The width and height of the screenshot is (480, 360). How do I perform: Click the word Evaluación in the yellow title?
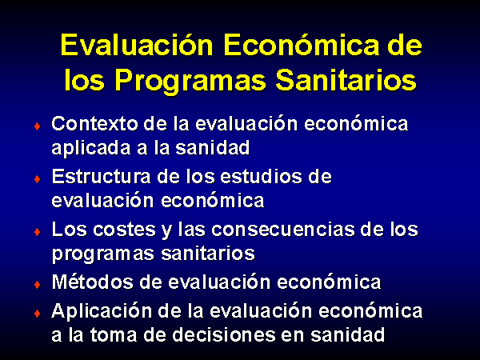click(x=137, y=45)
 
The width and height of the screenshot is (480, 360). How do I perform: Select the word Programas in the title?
click(x=190, y=81)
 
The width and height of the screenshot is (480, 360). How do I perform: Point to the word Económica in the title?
click(x=301, y=45)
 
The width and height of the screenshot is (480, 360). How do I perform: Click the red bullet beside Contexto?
click(x=38, y=126)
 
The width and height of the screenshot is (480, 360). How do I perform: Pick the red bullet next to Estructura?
click(x=38, y=178)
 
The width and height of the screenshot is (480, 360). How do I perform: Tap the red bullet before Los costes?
click(x=38, y=232)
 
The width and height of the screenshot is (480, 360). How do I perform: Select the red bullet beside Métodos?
click(x=38, y=285)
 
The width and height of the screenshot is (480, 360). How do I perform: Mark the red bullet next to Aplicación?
click(x=38, y=314)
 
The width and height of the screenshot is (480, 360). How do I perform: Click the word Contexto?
click(x=94, y=124)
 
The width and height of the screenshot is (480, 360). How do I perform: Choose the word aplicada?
click(x=92, y=149)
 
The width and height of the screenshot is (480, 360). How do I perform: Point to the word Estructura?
click(x=102, y=177)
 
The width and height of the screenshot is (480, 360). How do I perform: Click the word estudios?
click(x=261, y=177)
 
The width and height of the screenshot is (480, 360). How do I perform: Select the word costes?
click(x=124, y=230)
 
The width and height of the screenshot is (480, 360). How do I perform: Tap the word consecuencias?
click(x=283, y=230)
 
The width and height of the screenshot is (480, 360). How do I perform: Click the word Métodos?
click(x=93, y=282)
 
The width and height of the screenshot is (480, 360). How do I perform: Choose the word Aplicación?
click(x=102, y=312)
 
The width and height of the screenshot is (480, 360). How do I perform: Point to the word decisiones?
click(x=222, y=334)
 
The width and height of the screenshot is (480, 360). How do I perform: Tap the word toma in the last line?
click(x=114, y=335)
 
